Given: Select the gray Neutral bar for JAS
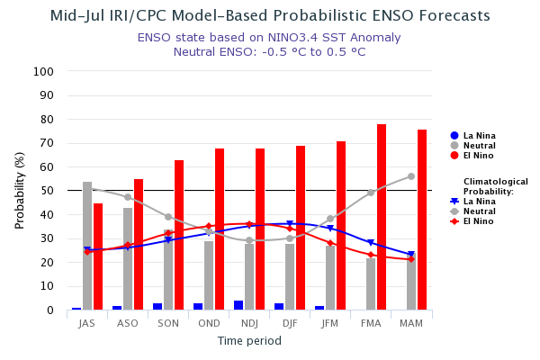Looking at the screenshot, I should coord(87,246).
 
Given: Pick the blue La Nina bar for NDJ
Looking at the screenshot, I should coord(238,305).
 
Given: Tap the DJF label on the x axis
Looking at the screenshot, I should coord(290,322).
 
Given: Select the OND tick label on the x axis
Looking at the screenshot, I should coord(209,322).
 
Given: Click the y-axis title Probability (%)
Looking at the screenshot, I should coord(20,190).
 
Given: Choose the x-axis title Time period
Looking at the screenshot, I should coord(249,341).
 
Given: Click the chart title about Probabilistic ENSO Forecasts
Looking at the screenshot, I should coord(270,16).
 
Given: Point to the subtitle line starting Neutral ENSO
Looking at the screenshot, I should coord(269,51).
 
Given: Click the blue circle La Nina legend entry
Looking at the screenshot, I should coord(472,136).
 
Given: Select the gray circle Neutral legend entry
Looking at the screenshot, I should coord(472,146).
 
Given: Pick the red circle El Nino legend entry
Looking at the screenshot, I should coord(472,156).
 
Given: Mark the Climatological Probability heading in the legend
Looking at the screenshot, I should coord(495,186).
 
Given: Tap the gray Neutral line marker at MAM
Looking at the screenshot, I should coord(411,176).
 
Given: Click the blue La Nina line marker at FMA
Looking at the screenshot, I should coord(370,243).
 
